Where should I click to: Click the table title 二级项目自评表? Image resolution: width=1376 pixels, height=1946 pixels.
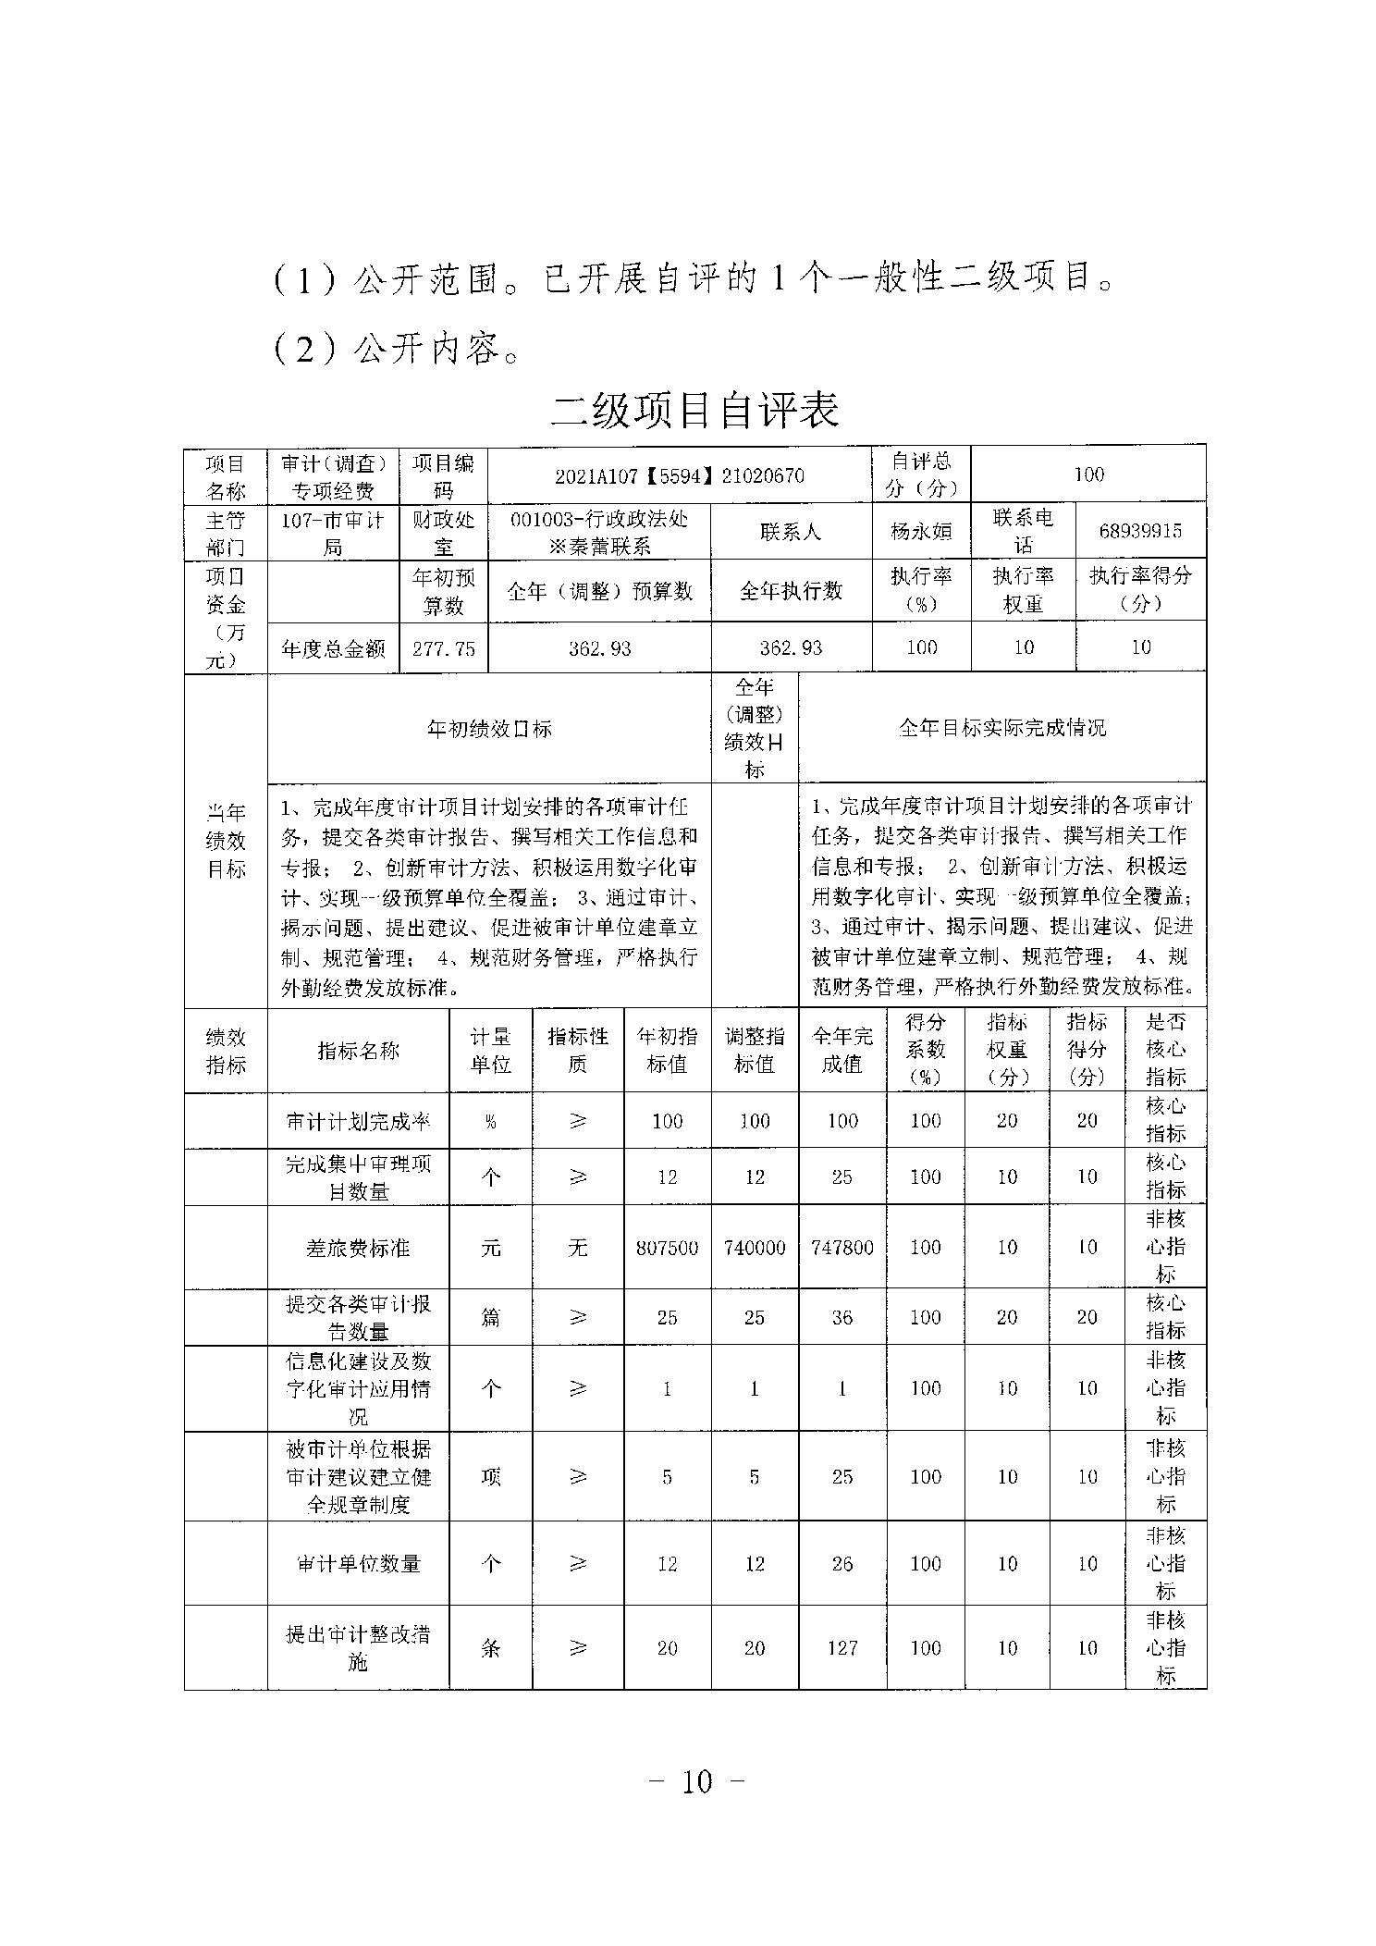coord(694,410)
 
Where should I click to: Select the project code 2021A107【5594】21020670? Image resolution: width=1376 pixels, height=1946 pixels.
coord(679,475)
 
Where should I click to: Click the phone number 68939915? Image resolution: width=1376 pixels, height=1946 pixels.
coord(1140,531)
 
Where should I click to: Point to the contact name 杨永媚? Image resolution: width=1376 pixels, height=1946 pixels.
coord(920,531)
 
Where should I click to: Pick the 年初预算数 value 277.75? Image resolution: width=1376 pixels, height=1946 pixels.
coord(444,647)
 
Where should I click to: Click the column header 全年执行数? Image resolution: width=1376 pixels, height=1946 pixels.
coord(791,590)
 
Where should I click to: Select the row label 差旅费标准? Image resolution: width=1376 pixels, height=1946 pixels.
coord(358,1247)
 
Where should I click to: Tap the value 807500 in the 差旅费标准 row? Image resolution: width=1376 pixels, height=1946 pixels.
coord(667,1247)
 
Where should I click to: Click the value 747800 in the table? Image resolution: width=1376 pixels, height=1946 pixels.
coord(842,1247)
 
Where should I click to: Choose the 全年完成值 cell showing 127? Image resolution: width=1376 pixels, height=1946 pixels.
coord(842,1647)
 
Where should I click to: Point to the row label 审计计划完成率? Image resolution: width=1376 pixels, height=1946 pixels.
coord(358,1121)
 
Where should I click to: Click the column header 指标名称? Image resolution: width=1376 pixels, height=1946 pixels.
coord(358,1050)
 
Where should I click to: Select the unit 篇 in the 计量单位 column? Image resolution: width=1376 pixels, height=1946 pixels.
coord(490,1316)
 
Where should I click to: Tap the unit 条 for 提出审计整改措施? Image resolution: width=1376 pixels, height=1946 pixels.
coord(490,1647)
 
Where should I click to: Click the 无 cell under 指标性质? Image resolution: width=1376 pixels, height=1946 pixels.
coord(577,1247)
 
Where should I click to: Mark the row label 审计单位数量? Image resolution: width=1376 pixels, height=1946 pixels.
coord(358,1563)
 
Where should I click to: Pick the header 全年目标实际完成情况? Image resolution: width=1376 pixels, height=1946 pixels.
coord(1001,727)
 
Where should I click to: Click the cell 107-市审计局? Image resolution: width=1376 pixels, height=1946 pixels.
coord(333,532)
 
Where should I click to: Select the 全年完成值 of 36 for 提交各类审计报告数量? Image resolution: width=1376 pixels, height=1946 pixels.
coord(842,1316)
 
